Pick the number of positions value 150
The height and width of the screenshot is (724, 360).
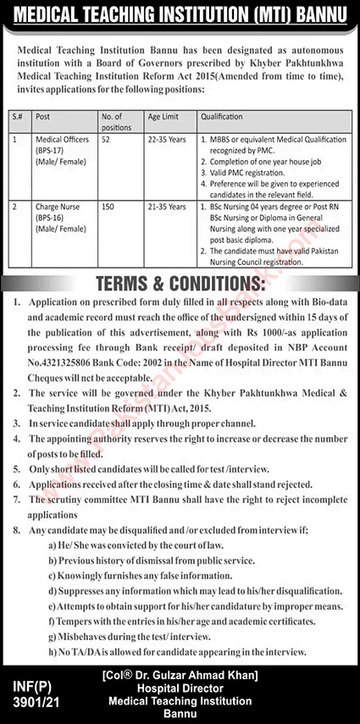[x=108, y=206]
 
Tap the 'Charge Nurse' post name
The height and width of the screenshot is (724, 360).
[x=56, y=206]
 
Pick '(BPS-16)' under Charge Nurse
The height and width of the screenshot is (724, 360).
[x=52, y=217]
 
